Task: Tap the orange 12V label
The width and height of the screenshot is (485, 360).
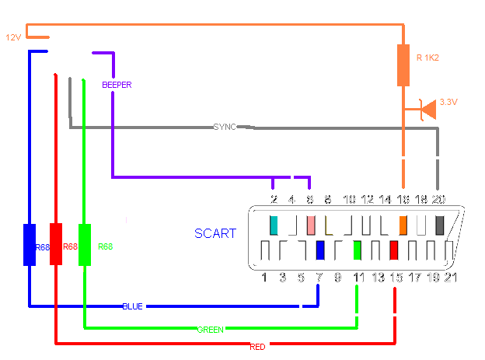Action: coord(13,37)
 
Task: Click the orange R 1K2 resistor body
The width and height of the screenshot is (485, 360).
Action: coord(403,65)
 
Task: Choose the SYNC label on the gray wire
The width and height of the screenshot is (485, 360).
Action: coord(225,126)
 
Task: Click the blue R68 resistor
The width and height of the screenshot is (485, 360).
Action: coord(30,244)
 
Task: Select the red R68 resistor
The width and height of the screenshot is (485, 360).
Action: coord(57,244)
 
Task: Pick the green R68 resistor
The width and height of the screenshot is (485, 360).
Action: coord(85,244)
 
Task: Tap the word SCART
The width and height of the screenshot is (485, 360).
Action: coord(215,233)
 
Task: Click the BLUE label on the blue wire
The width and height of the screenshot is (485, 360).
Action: coord(132,306)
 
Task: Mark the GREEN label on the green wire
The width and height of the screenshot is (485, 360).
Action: coord(210,330)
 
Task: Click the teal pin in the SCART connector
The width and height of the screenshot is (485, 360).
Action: coord(274,225)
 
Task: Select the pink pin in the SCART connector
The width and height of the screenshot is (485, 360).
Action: coord(310,225)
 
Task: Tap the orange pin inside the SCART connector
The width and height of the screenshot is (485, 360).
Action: coord(403,225)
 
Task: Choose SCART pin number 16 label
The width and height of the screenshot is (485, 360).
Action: coord(403,200)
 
